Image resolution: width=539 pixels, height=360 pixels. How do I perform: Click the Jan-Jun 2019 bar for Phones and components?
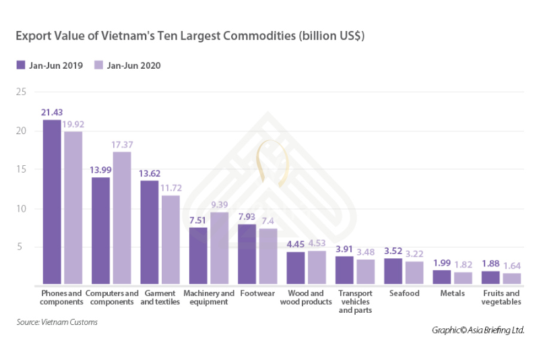[x=52, y=202]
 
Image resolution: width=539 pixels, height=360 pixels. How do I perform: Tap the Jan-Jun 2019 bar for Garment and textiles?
[x=150, y=232]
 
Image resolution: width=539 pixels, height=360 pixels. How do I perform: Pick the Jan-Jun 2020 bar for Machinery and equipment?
[x=219, y=248]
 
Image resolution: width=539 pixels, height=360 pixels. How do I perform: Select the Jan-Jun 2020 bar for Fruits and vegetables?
[x=511, y=278]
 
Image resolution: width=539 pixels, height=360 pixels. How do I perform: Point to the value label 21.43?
[x=52, y=113]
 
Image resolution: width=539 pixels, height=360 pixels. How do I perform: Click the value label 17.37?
[x=123, y=145]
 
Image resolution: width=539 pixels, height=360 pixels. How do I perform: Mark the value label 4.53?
[x=318, y=244]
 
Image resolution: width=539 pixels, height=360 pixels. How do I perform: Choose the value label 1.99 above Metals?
[x=442, y=263]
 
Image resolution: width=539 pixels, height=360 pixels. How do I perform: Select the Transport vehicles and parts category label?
[x=356, y=302]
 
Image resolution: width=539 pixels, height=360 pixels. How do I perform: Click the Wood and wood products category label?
[x=307, y=298]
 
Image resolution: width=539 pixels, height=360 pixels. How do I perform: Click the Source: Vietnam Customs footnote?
[x=57, y=322]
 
